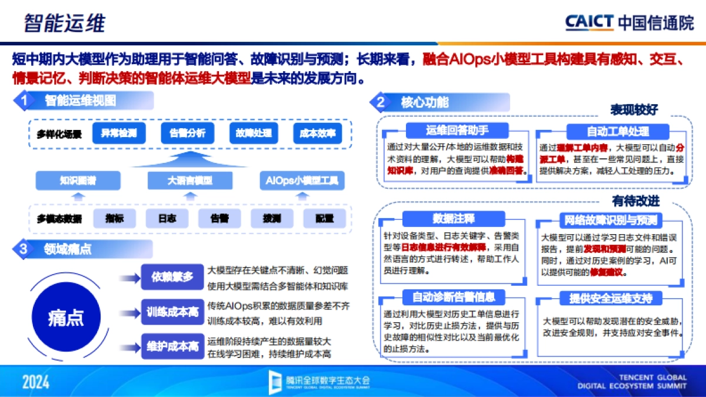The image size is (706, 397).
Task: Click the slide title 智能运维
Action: pyautogui.click(x=65, y=24)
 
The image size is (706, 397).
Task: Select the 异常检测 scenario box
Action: pyautogui.click(x=119, y=134)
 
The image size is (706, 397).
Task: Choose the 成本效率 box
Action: pyautogui.click(x=317, y=134)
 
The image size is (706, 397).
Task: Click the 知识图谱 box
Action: pyautogui.click(x=78, y=181)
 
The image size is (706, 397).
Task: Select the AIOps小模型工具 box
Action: pyautogui.click(x=302, y=181)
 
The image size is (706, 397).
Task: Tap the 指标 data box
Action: pyautogui.click(x=115, y=219)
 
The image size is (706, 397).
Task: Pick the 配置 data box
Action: pyautogui.click(x=324, y=219)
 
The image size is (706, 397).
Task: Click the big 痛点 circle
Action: pyautogui.click(x=66, y=318)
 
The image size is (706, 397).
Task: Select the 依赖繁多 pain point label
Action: pyautogui.click(x=172, y=277)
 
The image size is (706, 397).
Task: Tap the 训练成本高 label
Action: pyautogui.click(x=172, y=312)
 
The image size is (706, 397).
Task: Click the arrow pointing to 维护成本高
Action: pyautogui.click(x=127, y=346)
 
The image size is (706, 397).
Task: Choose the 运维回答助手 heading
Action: pyautogui.click(x=457, y=131)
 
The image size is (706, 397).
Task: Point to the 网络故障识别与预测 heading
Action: pyautogui.click(x=610, y=221)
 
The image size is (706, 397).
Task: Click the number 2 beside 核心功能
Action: pyautogui.click(x=381, y=102)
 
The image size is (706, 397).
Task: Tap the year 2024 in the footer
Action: pyautogui.click(x=36, y=382)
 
